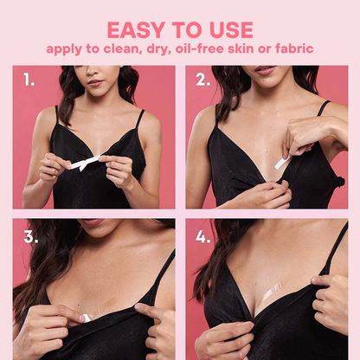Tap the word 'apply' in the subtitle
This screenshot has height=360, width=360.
[x=65, y=49]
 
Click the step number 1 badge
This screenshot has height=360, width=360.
[x=29, y=80]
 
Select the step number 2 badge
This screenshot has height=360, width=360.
[x=203, y=80]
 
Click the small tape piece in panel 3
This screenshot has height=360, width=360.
[x=86, y=318]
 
